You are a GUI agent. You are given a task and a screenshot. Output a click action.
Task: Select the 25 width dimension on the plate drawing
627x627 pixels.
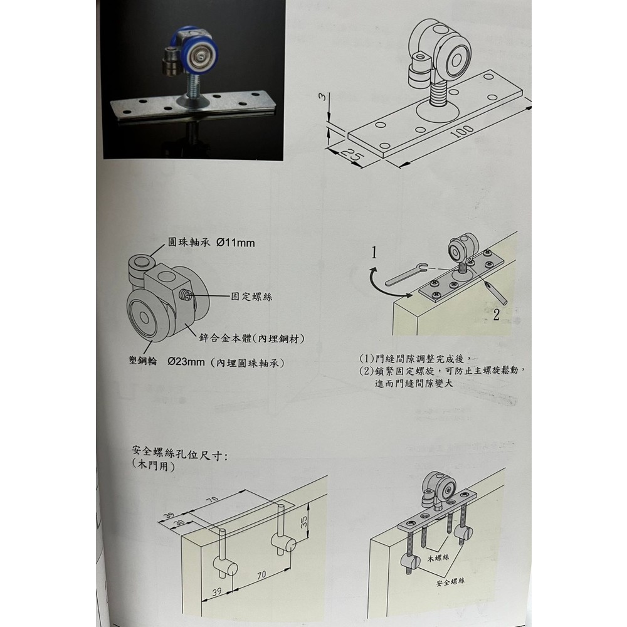[x=352, y=155]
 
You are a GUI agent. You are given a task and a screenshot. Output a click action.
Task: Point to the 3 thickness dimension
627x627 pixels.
[x=324, y=97]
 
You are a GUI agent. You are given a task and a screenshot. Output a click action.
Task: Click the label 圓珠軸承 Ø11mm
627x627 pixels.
[x=211, y=242]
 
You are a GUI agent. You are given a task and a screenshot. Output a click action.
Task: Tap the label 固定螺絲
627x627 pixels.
[x=252, y=297]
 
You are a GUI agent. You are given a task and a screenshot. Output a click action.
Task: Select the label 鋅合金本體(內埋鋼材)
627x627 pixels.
[x=252, y=339]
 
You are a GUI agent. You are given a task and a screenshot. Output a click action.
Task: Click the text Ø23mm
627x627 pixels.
[x=186, y=362]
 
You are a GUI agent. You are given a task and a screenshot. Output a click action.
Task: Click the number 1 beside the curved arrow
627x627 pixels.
[x=374, y=253]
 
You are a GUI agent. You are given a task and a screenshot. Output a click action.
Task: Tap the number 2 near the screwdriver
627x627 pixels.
[x=496, y=315]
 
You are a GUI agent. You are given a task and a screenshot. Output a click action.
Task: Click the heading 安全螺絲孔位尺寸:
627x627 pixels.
[x=180, y=453]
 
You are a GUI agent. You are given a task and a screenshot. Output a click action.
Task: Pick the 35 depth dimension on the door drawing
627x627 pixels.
[x=304, y=521]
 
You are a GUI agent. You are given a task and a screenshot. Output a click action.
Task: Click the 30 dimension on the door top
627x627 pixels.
[x=179, y=524]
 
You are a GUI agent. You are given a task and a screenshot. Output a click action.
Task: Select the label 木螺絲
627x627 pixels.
[x=438, y=557]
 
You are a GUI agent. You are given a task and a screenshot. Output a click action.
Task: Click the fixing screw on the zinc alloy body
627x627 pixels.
[x=186, y=295]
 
